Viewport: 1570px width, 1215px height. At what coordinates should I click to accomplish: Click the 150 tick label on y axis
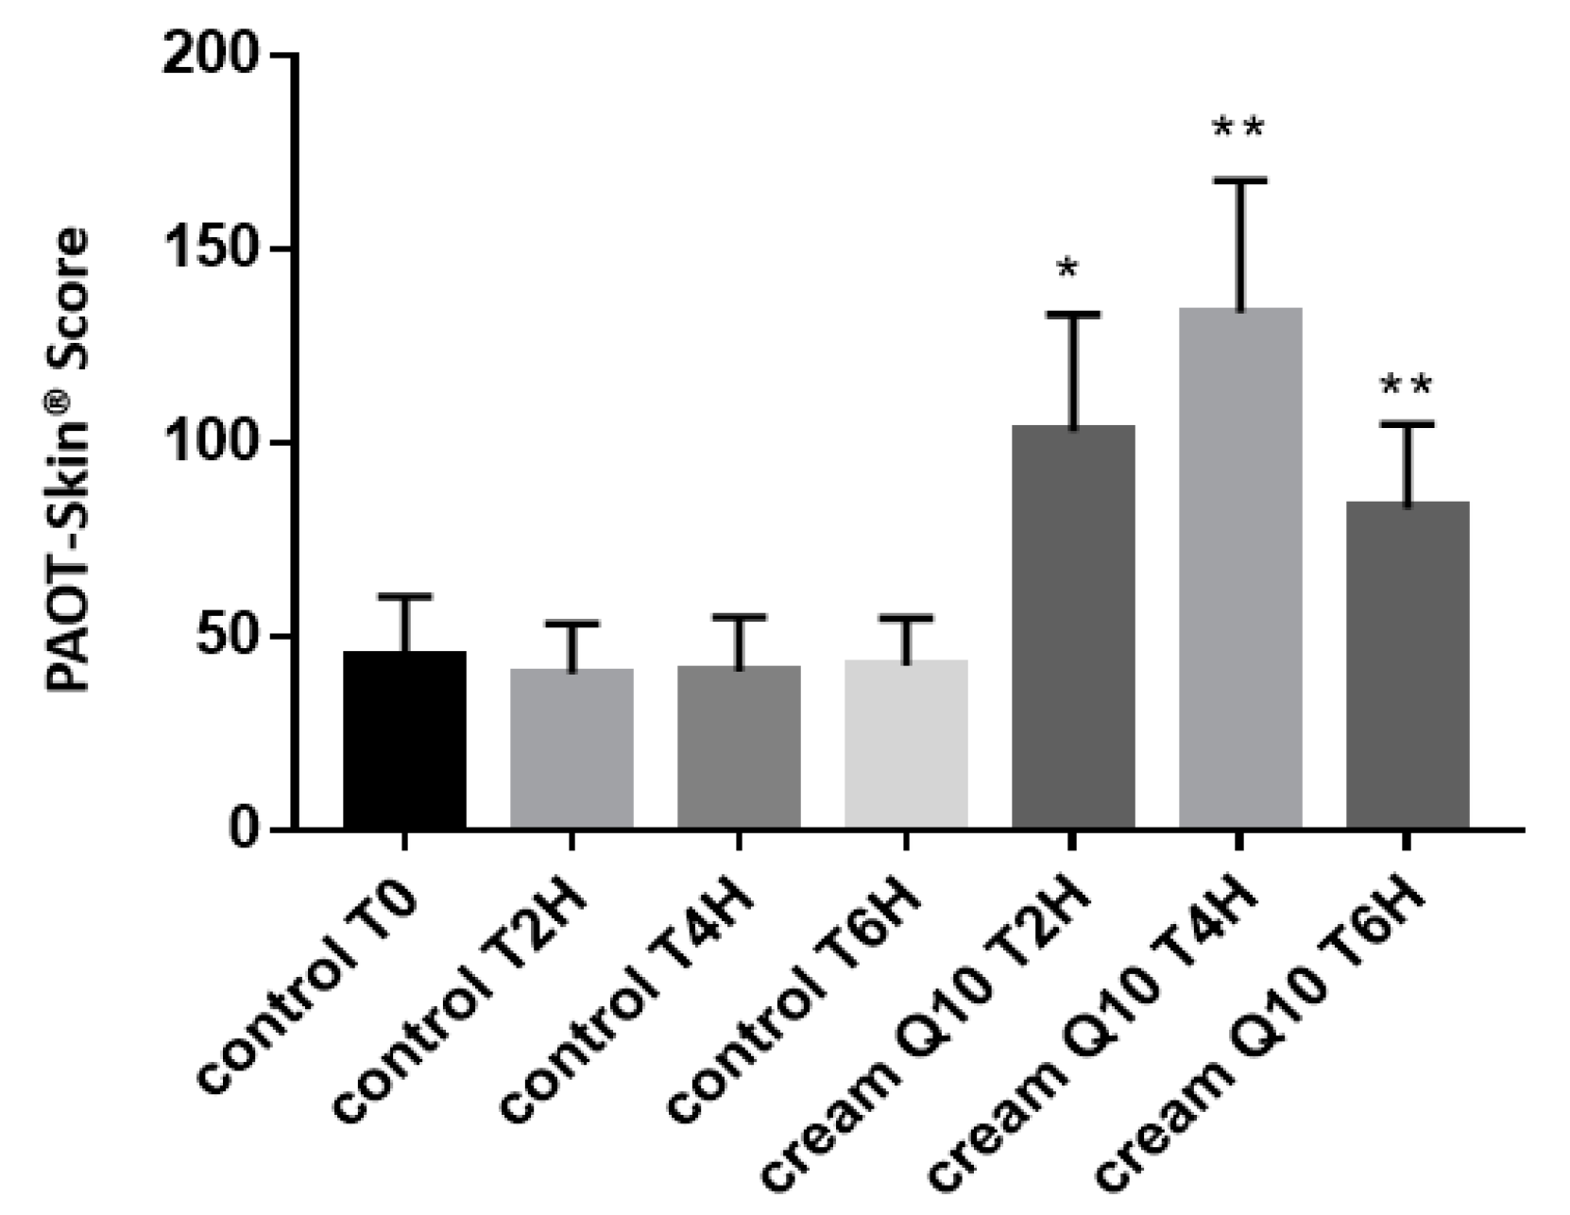coord(210,250)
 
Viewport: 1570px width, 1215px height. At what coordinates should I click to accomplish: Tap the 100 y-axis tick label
coord(210,444)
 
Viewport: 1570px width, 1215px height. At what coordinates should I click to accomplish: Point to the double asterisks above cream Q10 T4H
coord(1237,128)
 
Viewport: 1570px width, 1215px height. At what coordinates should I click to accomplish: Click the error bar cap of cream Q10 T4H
coord(1240,180)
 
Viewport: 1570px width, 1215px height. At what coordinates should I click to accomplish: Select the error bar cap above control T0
coord(404,596)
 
